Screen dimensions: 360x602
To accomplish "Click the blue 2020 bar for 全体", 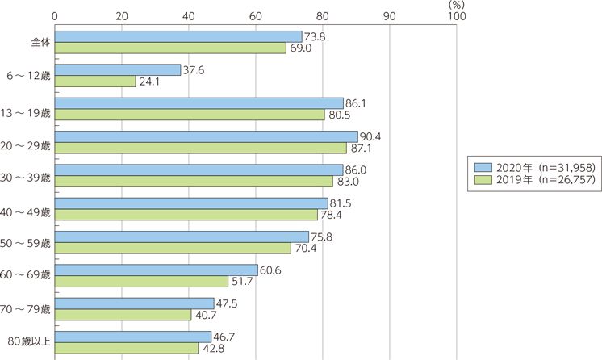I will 178,36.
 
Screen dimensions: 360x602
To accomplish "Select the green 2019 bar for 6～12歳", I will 95,81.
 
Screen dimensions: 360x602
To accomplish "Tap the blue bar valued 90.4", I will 206,136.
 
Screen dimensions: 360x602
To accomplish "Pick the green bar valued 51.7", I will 141,280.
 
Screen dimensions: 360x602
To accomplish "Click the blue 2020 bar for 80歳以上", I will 132,336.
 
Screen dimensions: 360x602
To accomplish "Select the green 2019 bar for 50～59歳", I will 173,247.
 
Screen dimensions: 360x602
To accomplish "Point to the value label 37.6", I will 193,69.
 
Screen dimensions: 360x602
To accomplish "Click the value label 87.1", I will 359,148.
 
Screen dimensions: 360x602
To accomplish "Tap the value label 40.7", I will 204,314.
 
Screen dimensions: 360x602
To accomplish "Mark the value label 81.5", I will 341,203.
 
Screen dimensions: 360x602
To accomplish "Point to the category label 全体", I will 40,42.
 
